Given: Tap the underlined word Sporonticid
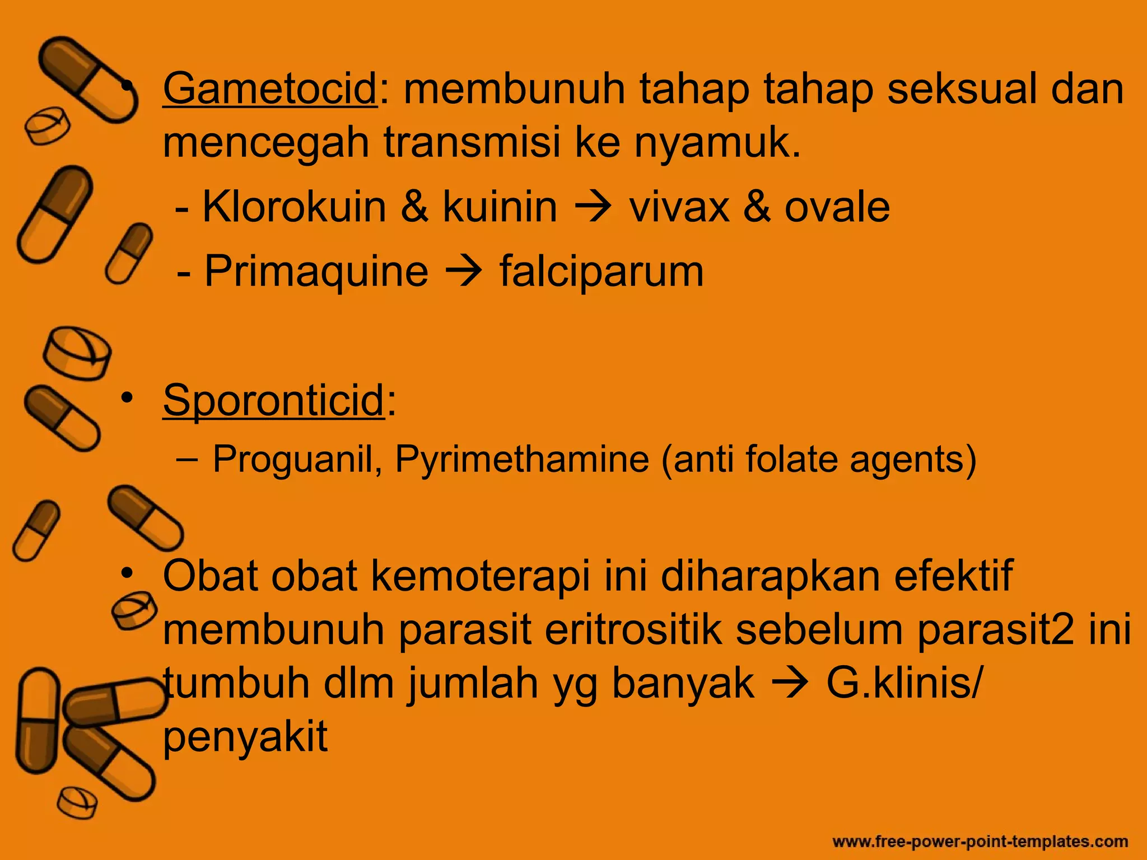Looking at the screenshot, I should pyautogui.click(x=273, y=400).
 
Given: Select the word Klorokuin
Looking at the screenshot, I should pyautogui.click(x=294, y=207).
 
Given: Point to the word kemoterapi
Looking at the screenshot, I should pyautogui.click(x=481, y=576).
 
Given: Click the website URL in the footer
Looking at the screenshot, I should pyautogui.click(x=980, y=842).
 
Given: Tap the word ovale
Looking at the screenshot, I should pyautogui.click(x=837, y=207).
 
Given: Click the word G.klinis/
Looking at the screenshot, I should pyautogui.click(x=903, y=684).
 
